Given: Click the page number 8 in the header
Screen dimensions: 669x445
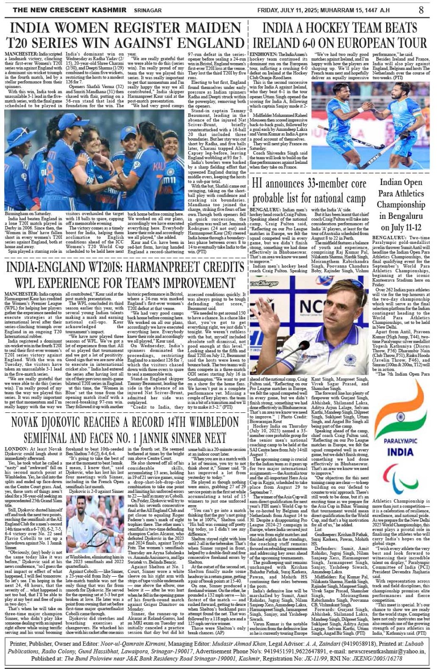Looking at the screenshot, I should (x=421, y=9).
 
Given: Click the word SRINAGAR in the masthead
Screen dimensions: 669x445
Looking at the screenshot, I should (x=147, y=10).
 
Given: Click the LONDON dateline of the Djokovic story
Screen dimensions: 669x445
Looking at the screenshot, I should (x=16, y=449).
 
